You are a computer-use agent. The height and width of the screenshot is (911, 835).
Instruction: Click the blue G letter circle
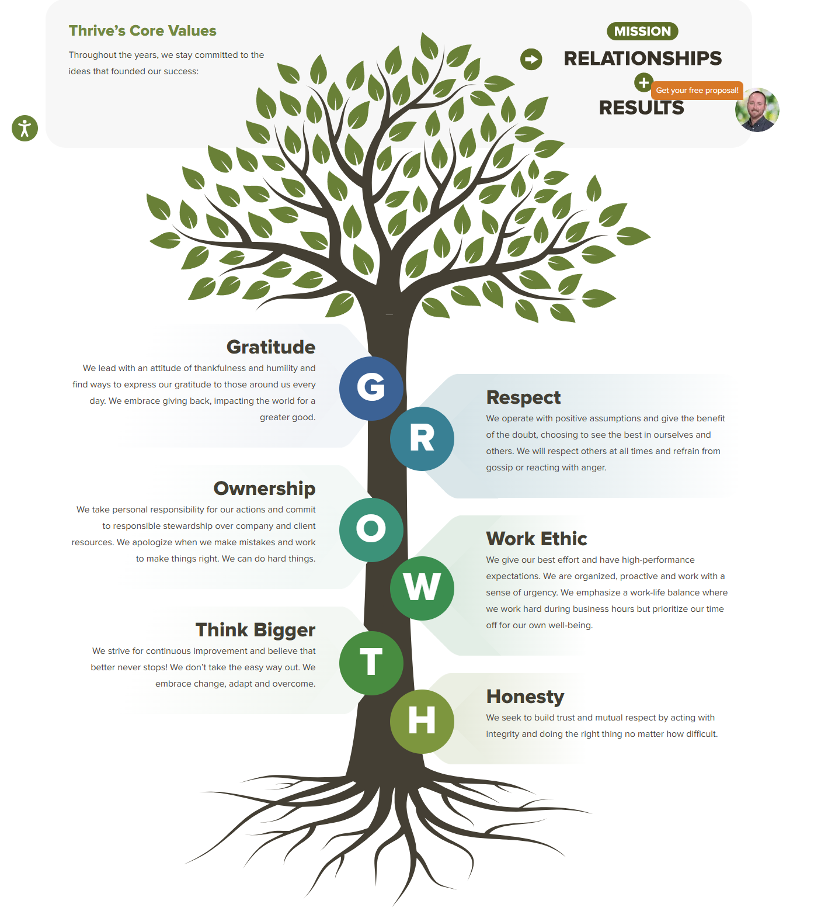click(x=371, y=388)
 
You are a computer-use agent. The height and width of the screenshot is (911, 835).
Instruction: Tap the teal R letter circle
click(x=422, y=439)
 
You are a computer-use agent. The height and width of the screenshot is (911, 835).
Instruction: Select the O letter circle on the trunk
click(x=371, y=529)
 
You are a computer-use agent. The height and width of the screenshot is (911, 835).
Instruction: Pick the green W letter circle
click(x=422, y=588)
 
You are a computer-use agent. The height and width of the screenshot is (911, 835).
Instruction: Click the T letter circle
click(x=371, y=663)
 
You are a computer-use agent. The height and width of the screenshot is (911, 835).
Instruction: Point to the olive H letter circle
click(x=422, y=721)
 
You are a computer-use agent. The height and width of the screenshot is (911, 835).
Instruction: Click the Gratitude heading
click(x=270, y=347)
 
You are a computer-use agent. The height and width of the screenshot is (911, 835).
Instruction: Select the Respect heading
click(x=523, y=397)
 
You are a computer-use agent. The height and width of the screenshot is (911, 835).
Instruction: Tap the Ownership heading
click(x=264, y=489)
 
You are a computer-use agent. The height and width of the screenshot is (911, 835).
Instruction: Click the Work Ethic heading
click(x=536, y=539)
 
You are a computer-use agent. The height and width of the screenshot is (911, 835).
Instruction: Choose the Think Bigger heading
click(x=255, y=630)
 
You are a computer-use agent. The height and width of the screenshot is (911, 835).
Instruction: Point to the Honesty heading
click(x=525, y=697)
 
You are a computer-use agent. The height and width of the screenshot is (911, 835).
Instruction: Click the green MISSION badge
click(x=642, y=32)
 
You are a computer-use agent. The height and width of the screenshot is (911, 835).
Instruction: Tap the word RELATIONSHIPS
click(x=642, y=58)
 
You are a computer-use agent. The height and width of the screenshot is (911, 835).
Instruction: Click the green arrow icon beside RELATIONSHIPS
click(x=531, y=59)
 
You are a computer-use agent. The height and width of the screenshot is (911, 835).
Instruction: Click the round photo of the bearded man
click(x=757, y=110)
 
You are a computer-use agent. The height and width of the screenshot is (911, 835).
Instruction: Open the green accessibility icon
click(x=25, y=128)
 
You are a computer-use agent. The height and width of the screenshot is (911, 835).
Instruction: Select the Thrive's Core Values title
click(x=142, y=31)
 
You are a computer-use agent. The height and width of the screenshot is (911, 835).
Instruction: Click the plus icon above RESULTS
click(x=643, y=83)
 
